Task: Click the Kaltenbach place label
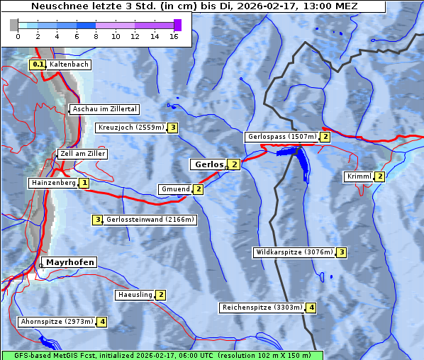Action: tap(69, 64)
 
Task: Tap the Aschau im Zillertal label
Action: tap(104, 109)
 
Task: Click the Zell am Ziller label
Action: tap(83, 154)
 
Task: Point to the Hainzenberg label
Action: tap(52, 183)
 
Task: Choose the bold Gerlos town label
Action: tap(208, 164)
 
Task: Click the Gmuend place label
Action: tap(175, 189)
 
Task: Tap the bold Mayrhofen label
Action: tap(69, 262)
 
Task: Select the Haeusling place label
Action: tap(134, 294)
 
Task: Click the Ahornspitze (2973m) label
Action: tap(57, 322)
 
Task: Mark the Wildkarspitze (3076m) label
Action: tap(294, 252)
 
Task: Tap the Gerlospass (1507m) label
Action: tap(281, 137)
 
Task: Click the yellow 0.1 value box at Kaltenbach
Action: tap(38, 64)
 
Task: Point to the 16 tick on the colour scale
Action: tap(174, 35)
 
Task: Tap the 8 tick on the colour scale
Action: tap(96, 35)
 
